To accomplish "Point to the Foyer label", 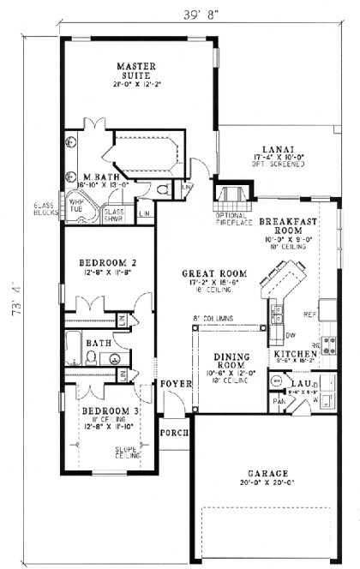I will coord(175,385).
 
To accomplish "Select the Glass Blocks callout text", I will coord(44,210).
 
